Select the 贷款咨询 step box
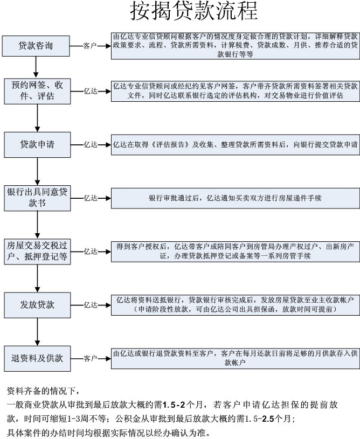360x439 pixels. tap(36, 46)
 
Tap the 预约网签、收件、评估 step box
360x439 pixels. tap(37, 91)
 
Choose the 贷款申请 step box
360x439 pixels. tap(37, 145)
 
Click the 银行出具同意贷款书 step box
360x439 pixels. tap(37, 198)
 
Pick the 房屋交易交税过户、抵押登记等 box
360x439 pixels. tap(37, 252)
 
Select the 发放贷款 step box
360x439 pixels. tap(37, 305)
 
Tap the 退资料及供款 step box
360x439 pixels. tap(37, 358)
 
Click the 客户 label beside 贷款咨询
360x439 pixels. tap(90, 46)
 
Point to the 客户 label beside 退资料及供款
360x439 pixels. tap(90, 358)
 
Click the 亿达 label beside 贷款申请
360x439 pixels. tap(91, 144)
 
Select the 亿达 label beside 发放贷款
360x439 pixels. tap(91, 305)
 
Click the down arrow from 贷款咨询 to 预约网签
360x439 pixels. tap(36, 67)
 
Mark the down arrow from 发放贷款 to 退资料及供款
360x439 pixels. tap(37, 332)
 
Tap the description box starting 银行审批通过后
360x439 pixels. tap(236, 198)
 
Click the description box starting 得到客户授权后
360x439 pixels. tap(236, 252)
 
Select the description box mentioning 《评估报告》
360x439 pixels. tap(236, 145)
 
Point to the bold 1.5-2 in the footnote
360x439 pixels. tap(174, 405)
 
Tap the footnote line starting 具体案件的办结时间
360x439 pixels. tap(108, 433)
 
